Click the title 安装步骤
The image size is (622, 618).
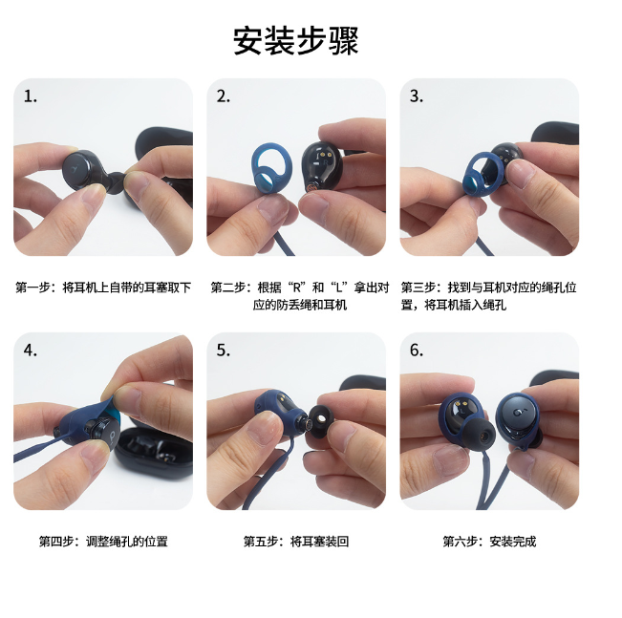tap(296, 41)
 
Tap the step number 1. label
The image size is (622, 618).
tap(31, 96)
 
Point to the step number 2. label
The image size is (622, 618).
tap(224, 96)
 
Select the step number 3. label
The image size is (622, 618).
tap(417, 96)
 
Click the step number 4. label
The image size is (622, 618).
tap(31, 351)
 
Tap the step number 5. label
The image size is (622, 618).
tap(224, 351)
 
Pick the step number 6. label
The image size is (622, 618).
tap(417, 351)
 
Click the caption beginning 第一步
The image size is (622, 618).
tap(103, 288)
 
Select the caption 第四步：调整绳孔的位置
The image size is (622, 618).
tap(103, 542)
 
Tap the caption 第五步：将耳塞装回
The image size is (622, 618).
tap(296, 542)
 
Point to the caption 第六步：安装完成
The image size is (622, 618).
tap(489, 542)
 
